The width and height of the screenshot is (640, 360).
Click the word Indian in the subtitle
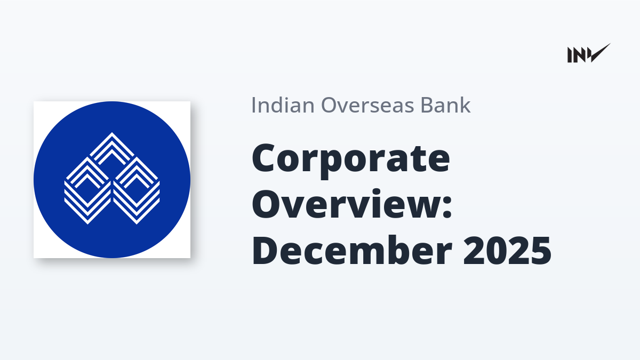point(283,105)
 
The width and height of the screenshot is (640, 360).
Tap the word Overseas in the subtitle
point(367,105)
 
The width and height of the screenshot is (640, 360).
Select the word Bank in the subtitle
point(445,105)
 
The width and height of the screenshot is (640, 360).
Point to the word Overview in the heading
point(347,203)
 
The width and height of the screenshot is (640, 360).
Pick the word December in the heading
point(352,250)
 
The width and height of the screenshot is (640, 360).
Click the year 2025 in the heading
point(507,251)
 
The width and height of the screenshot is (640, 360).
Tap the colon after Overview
point(447,206)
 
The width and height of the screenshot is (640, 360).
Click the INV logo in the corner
point(589,53)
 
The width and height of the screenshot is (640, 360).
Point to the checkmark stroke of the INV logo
point(599,53)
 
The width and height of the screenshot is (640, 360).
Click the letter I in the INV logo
point(570,55)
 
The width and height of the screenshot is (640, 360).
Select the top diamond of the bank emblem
point(112,149)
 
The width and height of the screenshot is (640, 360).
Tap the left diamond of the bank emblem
point(87,190)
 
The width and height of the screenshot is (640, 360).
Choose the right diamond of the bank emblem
point(137,190)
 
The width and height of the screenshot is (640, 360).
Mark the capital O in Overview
point(267,203)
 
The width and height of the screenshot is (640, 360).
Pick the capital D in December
point(265,251)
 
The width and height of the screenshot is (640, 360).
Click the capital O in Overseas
point(329,106)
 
